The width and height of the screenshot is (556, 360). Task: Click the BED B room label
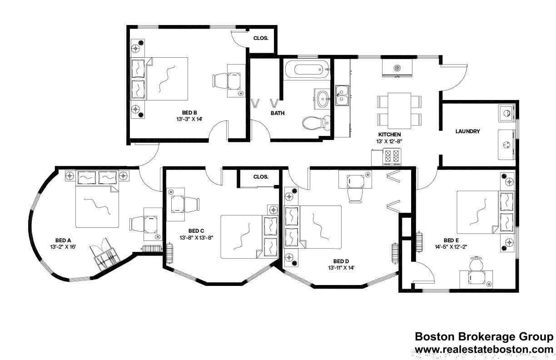189,113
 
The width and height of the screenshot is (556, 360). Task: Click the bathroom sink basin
323,98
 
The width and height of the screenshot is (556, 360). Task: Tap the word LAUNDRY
467,131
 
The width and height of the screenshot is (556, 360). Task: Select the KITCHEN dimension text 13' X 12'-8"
389,141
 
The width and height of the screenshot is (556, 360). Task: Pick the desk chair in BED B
220,80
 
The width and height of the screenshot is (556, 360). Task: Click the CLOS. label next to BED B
261,39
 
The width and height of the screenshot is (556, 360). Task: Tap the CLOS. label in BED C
261,177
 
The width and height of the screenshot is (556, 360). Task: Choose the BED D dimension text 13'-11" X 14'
340,268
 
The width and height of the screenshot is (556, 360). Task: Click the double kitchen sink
342,95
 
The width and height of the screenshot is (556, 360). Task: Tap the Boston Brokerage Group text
484,337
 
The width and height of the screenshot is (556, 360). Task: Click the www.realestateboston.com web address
484,349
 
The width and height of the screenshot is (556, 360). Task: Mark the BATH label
278,113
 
